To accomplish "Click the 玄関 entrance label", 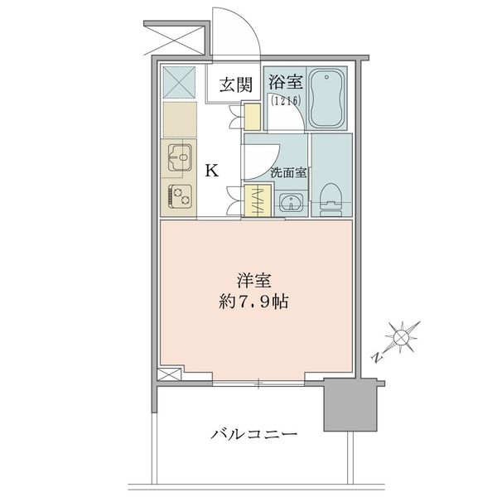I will click(x=236, y=84).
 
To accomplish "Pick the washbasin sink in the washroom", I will click(x=290, y=202).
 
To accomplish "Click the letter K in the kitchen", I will click(x=212, y=171).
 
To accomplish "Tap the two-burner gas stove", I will click(x=179, y=196).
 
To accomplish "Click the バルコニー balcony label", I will click(x=253, y=433).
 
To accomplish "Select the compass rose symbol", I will click(x=401, y=336).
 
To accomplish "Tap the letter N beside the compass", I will click(x=378, y=358).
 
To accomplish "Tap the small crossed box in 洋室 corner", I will click(x=168, y=374).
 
